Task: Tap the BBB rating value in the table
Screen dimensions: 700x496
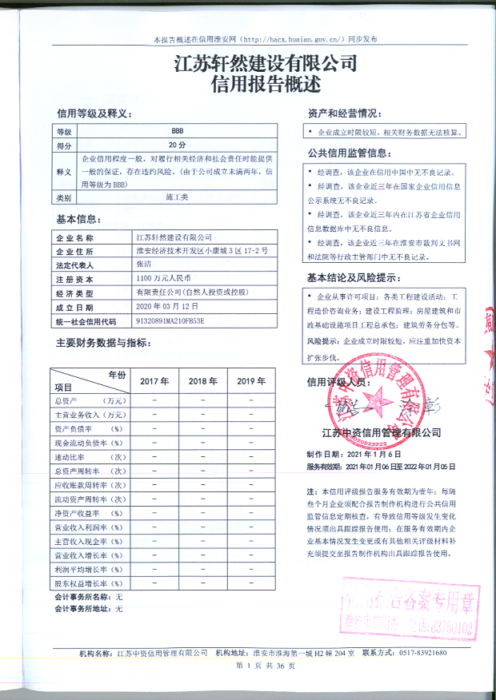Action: point(177,130)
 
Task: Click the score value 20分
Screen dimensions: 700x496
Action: point(177,145)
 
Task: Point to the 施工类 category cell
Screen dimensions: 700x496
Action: point(177,196)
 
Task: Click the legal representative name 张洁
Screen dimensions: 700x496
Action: point(144,264)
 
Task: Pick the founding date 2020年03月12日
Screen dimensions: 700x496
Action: point(166,307)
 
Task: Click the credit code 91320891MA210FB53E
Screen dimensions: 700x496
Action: point(171,321)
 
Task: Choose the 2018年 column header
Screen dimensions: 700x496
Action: point(202,381)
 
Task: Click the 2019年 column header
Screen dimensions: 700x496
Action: point(251,381)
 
